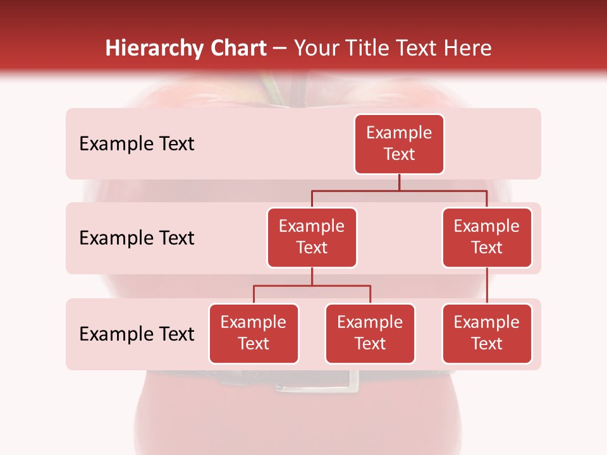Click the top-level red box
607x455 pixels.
[x=399, y=143]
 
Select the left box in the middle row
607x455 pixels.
[x=312, y=237]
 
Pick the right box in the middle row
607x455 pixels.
[x=487, y=237]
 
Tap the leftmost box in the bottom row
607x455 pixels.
[x=254, y=333]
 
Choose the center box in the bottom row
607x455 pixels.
[x=370, y=333]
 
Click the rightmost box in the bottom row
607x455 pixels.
[x=487, y=333]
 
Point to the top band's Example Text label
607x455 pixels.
[x=137, y=143]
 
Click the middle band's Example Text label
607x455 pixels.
[x=137, y=238]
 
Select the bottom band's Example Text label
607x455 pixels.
[x=137, y=334]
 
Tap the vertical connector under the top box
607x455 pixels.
[x=399, y=182]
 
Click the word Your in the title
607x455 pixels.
[x=316, y=49]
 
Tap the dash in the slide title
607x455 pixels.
[x=280, y=49]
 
